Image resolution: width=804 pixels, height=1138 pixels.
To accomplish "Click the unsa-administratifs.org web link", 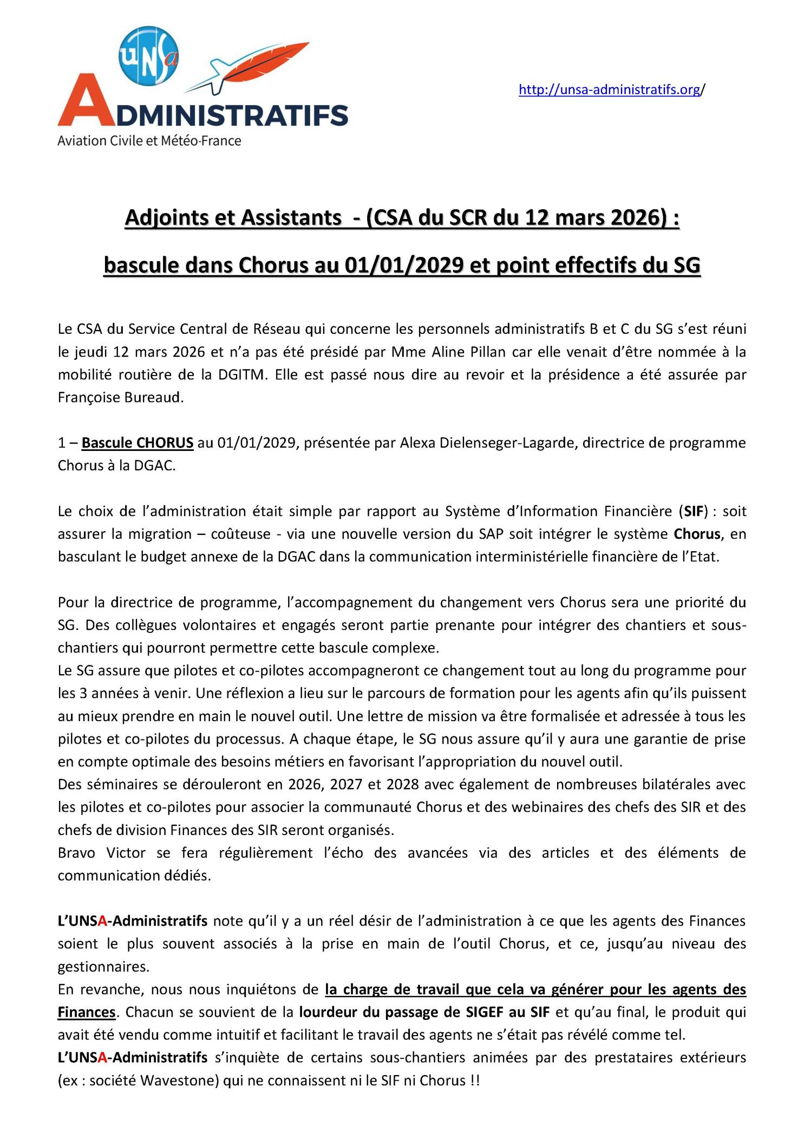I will (x=611, y=89).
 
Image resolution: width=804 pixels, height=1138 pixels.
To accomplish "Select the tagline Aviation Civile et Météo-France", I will (x=149, y=141).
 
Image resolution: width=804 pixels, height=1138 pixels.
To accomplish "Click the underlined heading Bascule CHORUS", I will (x=138, y=443).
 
